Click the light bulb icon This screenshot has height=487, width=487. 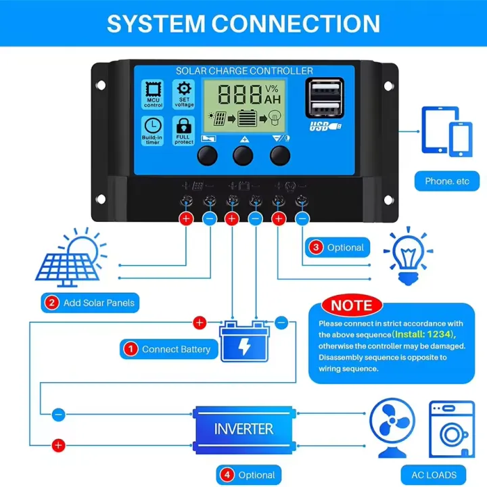point(408,258)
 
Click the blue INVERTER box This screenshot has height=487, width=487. point(243,428)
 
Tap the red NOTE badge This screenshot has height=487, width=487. point(351,305)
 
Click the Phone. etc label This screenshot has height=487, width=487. point(446,181)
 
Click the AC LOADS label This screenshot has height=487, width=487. point(434,474)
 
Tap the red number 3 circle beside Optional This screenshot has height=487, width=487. point(317,248)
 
